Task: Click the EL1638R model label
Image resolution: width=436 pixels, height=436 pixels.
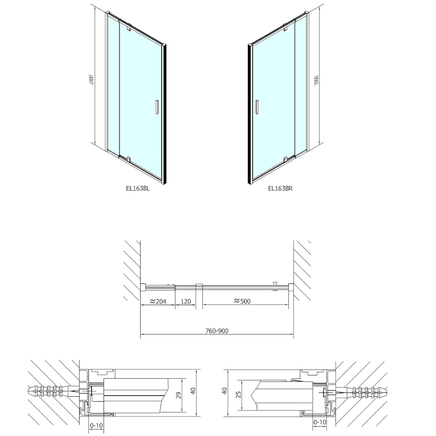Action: (x=281, y=189)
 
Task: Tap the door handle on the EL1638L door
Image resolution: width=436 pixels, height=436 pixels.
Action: (x=156, y=107)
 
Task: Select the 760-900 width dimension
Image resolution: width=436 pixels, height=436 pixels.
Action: (x=217, y=330)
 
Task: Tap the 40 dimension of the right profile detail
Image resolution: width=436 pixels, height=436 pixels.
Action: (x=224, y=391)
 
